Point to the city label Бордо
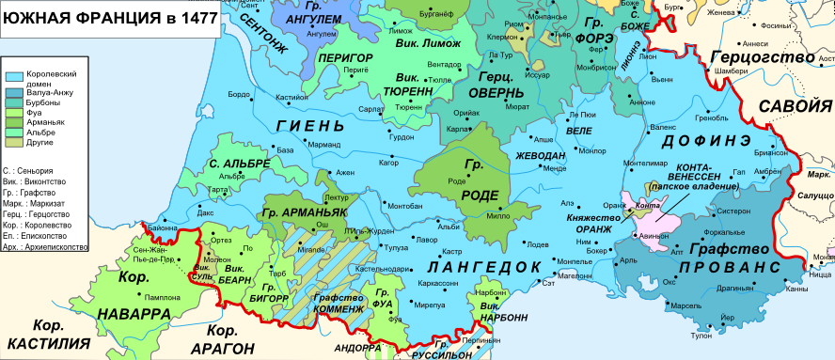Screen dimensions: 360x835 click(x=239, y=95)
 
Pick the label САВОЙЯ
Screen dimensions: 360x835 click(x=796, y=105)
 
